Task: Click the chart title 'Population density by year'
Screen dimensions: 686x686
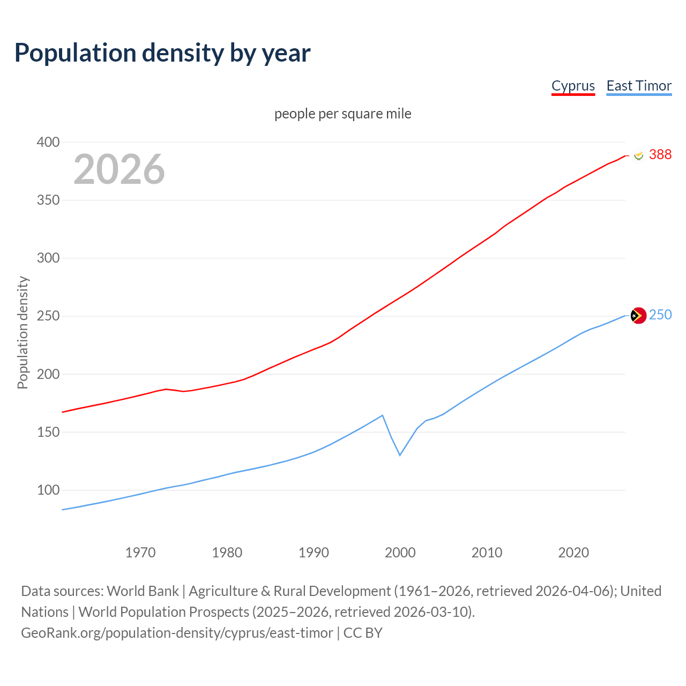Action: (x=162, y=53)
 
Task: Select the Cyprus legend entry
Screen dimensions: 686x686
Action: (x=573, y=86)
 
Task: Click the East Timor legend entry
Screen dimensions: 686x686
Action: (x=639, y=86)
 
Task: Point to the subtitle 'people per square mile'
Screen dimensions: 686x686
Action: (x=342, y=114)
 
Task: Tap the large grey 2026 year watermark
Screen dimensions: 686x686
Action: (x=119, y=169)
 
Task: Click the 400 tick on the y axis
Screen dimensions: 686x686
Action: (x=48, y=142)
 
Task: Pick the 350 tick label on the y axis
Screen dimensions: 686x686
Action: (x=48, y=200)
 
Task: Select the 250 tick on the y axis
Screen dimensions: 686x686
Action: (x=48, y=316)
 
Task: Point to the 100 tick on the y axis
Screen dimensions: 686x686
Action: (x=48, y=490)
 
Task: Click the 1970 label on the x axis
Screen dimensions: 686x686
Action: (x=140, y=553)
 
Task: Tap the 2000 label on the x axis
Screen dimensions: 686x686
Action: (x=400, y=553)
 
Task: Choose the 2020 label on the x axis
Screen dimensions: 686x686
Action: (x=573, y=553)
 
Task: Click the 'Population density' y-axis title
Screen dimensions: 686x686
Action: (x=23, y=332)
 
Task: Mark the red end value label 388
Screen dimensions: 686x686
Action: (x=660, y=154)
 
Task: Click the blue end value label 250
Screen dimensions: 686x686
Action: (x=660, y=315)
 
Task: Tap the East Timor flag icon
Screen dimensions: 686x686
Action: (x=638, y=316)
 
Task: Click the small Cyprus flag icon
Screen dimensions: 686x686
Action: (x=638, y=155)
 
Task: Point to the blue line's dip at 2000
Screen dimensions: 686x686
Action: (x=400, y=455)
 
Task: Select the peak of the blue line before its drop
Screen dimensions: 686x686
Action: (x=382, y=415)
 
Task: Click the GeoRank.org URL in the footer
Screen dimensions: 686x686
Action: (x=177, y=633)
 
